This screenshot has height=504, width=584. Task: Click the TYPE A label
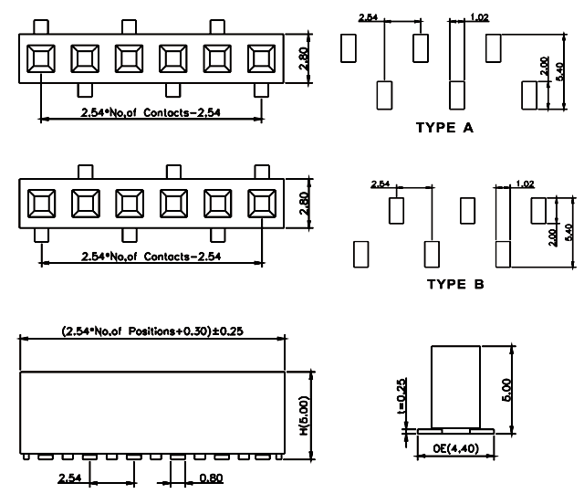444,129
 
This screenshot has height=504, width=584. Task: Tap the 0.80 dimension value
211,477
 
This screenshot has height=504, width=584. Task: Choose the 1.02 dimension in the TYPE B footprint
525,184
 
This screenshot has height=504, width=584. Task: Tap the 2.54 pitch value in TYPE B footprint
381,184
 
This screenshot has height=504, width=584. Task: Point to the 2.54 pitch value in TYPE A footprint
370,17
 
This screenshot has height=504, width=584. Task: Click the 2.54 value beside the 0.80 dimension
70,477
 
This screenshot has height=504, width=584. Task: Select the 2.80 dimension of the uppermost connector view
306,59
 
